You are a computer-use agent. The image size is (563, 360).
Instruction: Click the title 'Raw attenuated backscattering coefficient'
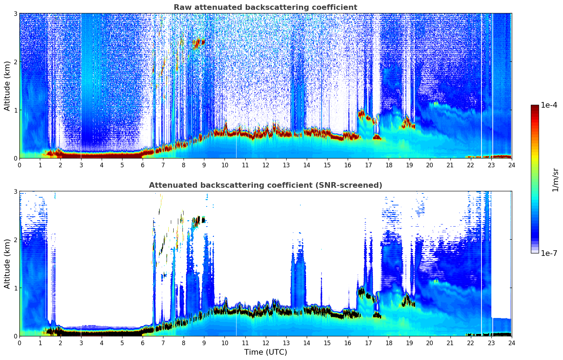[265, 7]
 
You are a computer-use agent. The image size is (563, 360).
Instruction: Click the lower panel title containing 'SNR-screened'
[265, 185]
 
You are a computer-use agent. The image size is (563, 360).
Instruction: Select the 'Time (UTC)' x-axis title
[265, 352]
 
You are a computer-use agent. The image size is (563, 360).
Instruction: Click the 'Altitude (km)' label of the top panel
[7, 86]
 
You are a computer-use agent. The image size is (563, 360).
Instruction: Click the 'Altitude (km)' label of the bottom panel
[7, 264]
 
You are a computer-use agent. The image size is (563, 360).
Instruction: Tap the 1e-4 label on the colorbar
[549, 105]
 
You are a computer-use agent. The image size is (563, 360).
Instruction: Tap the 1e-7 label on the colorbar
[549, 253]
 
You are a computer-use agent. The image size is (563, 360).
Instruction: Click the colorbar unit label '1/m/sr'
[555, 180]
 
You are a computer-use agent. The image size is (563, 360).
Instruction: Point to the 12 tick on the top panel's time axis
[265, 165]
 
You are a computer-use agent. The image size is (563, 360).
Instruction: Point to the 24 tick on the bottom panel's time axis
[511, 343]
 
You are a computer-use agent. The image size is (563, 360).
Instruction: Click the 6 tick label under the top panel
[143, 165]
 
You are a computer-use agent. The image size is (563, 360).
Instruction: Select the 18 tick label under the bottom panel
[389, 343]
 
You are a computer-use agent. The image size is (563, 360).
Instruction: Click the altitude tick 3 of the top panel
[15, 13]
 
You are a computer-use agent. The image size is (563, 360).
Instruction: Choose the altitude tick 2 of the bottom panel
[15, 240]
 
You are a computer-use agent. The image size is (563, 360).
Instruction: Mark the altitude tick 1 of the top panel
[15, 110]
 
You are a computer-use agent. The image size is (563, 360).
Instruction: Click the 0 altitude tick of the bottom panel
[15, 336]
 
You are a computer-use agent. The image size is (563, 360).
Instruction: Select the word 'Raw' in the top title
[181, 7]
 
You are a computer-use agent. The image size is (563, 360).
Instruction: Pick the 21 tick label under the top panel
[450, 165]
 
